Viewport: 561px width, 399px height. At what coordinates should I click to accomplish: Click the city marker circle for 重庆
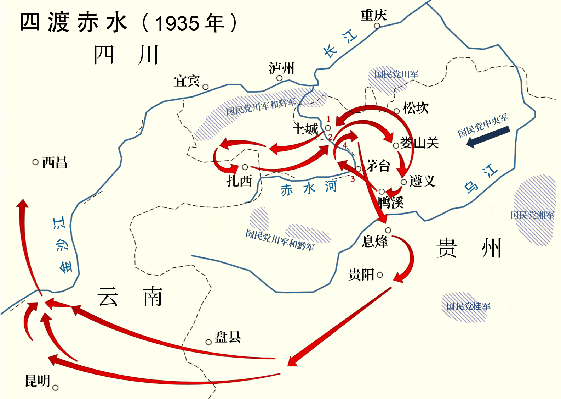coord(377,26)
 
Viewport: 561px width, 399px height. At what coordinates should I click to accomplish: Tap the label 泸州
coord(281,68)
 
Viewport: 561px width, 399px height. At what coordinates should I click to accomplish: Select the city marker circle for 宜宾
coord(205,87)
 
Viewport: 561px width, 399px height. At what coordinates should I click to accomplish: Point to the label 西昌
coord(55,163)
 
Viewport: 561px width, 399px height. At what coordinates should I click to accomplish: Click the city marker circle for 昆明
coord(55,388)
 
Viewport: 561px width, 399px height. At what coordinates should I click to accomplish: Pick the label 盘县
coord(228,337)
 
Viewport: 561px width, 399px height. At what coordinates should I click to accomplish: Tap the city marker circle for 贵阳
coord(380,275)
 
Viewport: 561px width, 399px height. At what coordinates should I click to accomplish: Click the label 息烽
coord(375,242)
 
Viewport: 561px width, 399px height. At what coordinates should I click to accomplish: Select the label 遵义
coord(422,181)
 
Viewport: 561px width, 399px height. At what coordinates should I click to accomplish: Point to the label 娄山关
coord(419,143)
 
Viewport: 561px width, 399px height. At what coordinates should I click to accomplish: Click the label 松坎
coord(416,108)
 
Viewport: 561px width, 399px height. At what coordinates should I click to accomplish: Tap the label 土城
coord(305,129)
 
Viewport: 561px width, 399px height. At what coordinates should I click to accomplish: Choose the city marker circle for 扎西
coord(245,167)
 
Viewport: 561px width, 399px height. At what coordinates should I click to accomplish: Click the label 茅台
coord(378,166)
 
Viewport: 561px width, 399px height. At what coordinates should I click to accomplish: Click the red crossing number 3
coord(353,179)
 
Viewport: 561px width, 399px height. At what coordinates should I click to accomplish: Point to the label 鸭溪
coord(391,203)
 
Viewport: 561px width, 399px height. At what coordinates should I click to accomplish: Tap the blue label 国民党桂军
coord(468,306)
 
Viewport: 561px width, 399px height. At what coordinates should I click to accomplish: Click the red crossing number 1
coord(328,119)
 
